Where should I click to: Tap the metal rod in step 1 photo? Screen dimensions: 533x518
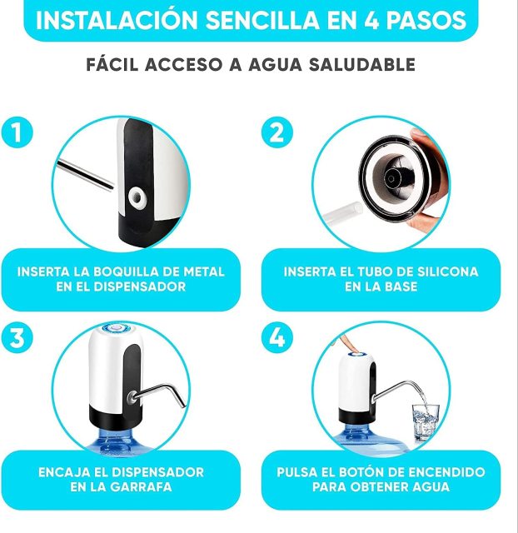click(x=87, y=174)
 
